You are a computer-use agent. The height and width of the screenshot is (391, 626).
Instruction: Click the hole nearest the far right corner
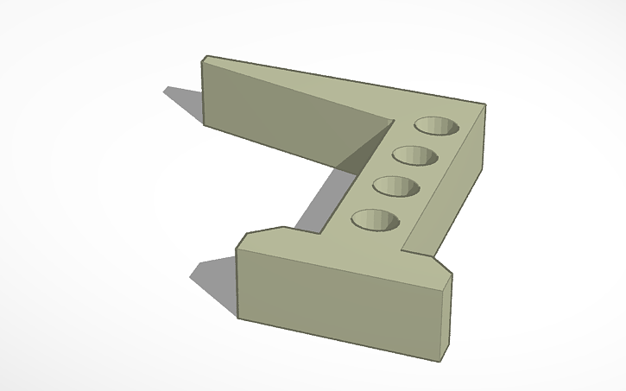[x=437, y=126]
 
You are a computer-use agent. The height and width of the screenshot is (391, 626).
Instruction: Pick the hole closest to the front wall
[x=376, y=220]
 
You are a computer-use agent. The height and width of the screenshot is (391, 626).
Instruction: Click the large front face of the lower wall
[x=337, y=302]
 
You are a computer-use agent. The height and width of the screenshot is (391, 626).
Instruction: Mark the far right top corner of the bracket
[x=485, y=105]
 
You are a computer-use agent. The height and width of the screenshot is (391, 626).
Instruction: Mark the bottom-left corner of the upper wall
[x=205, y=123]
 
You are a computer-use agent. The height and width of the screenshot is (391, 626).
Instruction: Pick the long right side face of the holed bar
[x=445, y=190]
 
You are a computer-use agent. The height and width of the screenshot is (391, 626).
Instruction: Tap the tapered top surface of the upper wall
[x=328, y=86]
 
